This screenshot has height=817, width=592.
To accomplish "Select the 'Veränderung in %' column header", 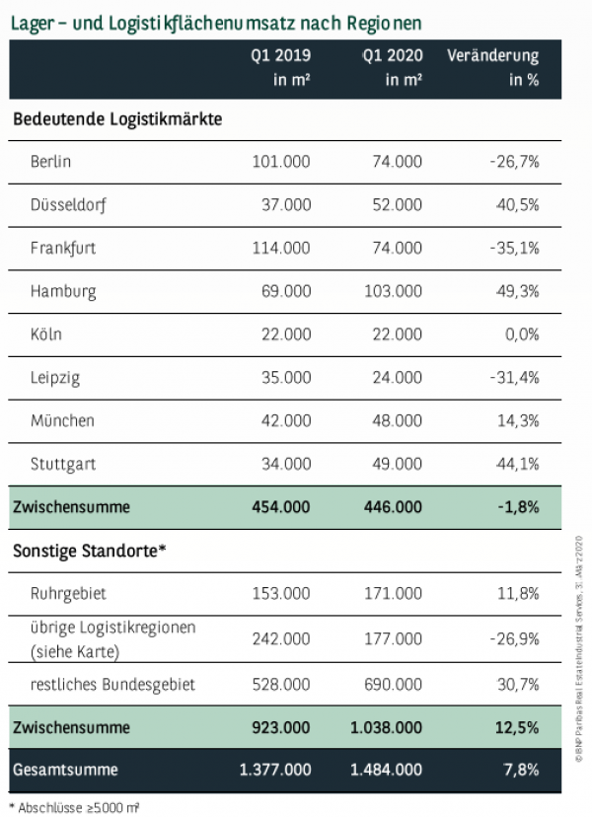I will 492,68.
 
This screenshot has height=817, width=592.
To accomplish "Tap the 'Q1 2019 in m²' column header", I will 281,68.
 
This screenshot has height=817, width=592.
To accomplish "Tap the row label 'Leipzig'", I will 55,378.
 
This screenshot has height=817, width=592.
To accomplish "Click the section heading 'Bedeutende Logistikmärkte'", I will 117,119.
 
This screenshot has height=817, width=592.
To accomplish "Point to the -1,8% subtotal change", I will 516,507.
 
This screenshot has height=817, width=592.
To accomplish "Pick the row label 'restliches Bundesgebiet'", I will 112,684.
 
